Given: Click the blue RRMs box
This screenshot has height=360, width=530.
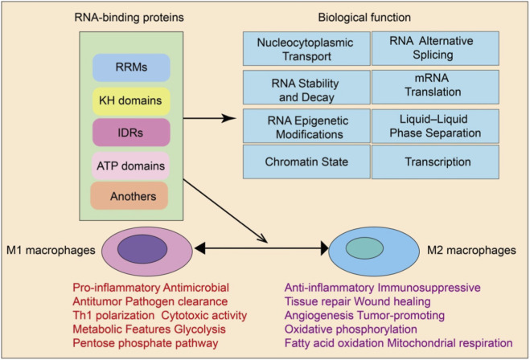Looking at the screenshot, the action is tap(131, 67).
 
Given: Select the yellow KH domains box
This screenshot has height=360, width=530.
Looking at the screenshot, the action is tap(131, 101).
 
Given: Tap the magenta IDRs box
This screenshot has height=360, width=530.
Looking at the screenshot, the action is tap(131, 133).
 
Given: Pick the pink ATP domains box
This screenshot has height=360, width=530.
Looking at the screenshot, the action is tap(130, 166).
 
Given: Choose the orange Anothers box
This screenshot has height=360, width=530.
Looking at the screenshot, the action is tap(129, 196).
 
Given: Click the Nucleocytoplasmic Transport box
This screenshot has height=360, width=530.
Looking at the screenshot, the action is tap(306, 49).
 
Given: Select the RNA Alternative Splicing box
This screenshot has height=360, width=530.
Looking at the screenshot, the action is tap(435, 48).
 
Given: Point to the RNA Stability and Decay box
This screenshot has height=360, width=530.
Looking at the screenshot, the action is tap(306, 87).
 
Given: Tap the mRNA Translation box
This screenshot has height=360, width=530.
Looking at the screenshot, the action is tap(435, 87).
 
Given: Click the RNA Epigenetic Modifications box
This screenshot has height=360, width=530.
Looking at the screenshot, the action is tap(306, 125).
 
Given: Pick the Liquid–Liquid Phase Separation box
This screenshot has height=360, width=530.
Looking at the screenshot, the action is tap(435, 126).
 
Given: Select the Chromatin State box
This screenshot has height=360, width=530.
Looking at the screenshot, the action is tap(306, 162).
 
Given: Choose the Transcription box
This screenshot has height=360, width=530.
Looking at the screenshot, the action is tap(435, 162).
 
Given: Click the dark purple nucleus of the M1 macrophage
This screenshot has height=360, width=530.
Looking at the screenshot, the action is tap(142, 249).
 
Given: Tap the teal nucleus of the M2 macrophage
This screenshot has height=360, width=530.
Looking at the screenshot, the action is tap(364, 248).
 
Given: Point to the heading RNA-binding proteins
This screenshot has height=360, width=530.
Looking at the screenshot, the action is tap(129, 17).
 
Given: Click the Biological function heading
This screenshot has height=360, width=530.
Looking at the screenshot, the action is tap(364, 17).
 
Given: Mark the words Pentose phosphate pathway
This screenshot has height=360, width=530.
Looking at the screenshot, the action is tap(146, 343).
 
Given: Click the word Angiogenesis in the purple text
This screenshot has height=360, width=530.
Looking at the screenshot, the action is tap(319, 316).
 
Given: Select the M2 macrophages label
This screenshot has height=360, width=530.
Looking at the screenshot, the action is tap(471, 250).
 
